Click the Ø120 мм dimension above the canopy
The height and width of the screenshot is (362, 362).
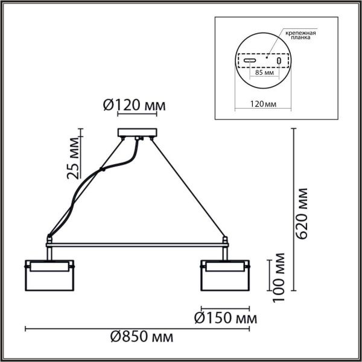pos(131,106)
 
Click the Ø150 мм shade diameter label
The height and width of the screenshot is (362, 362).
pos(224,317)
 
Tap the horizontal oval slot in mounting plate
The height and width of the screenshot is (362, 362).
pos(250,61)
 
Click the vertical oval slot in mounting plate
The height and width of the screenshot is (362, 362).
pos(279,61)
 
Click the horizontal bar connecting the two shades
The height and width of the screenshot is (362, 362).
pos(138,244)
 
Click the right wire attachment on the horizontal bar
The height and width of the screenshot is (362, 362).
pos(226,240)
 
